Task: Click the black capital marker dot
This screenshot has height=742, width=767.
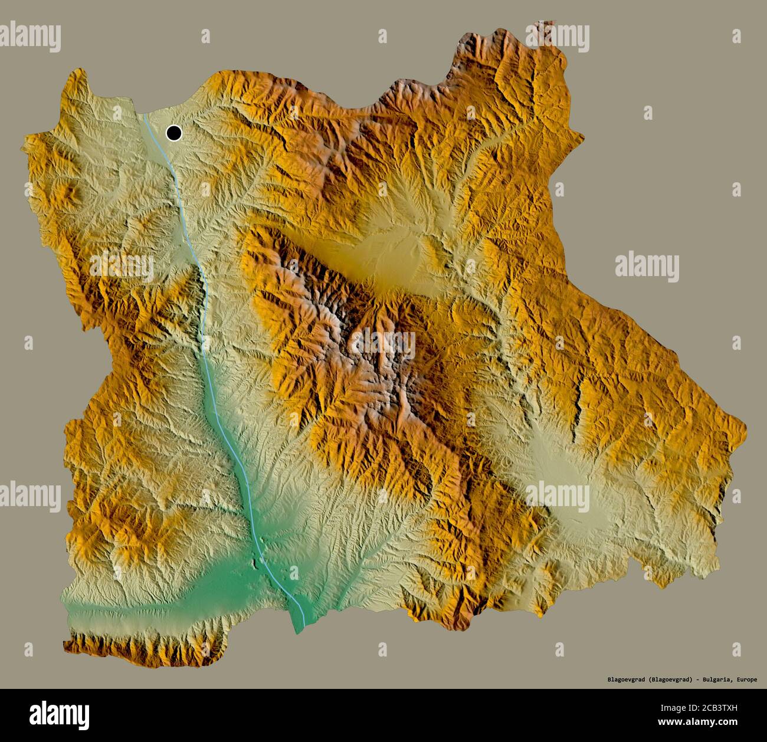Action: [x=173, y=133]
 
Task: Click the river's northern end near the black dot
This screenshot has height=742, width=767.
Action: [x=145, y=116]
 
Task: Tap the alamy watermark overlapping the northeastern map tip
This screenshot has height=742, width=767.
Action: [x=558, y=37]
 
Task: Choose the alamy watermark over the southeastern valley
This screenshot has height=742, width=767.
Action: [x=558, y=494]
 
